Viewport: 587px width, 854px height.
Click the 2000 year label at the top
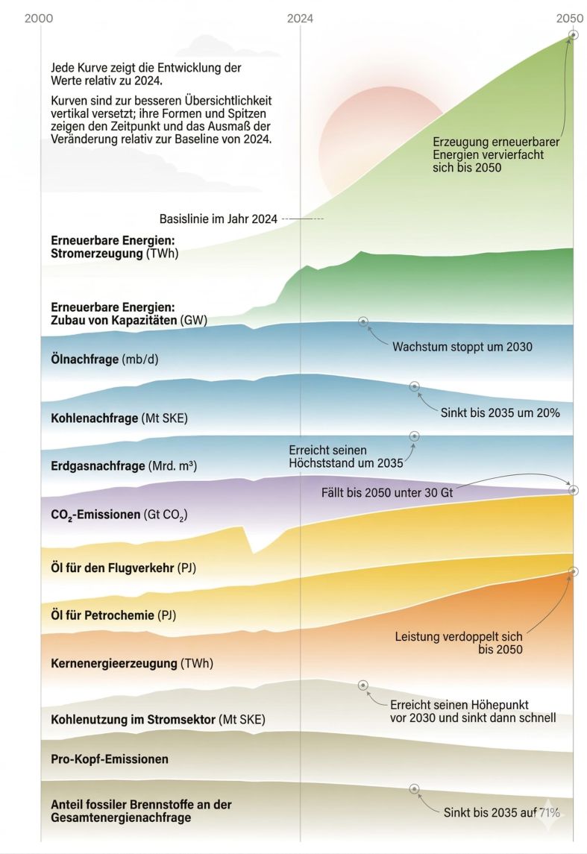point(39,18)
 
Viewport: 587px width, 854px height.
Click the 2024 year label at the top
point(300,18)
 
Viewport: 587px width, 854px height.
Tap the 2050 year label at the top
point(570,18)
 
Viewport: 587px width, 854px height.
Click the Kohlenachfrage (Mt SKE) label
point(119,418)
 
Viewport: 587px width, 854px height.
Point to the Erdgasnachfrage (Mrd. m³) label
point(124,466)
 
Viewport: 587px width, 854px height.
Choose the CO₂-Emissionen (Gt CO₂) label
point(119,515)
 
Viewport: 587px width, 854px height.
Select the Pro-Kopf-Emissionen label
point(110,759)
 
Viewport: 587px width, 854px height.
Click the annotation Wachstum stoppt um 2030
point(462,347)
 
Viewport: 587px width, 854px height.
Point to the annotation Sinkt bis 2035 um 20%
point(500,412)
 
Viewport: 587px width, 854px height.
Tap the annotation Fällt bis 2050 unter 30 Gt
point(387,493)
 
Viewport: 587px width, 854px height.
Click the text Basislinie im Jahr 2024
point(219,219)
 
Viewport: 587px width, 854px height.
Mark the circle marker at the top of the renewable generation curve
point(573,34)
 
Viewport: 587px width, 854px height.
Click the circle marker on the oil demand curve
point(363,321)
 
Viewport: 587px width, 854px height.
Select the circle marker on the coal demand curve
point(415,386)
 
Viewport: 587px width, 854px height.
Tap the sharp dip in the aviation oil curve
point(253,551)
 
